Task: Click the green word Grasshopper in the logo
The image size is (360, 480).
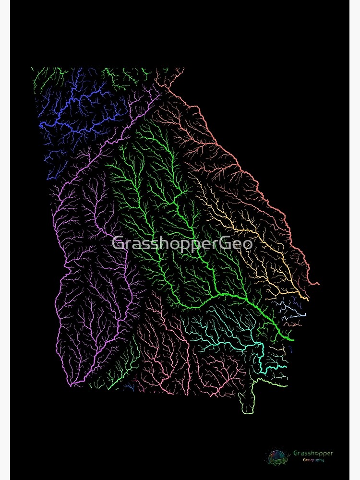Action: click(x=313, y=453)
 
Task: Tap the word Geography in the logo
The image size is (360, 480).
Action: click(x=313, y=460)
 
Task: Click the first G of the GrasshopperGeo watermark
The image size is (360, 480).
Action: click(x=117, y=243)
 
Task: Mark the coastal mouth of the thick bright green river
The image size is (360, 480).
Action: click(x=292, y=340)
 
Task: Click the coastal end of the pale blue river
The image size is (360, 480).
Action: click(x=305, y=314)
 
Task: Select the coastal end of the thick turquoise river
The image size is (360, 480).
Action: click(x=287, y=367)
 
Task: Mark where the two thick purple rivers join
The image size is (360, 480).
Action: click(x=72, y=384)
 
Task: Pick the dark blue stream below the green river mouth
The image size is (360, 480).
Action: click(x=291, y=349)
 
